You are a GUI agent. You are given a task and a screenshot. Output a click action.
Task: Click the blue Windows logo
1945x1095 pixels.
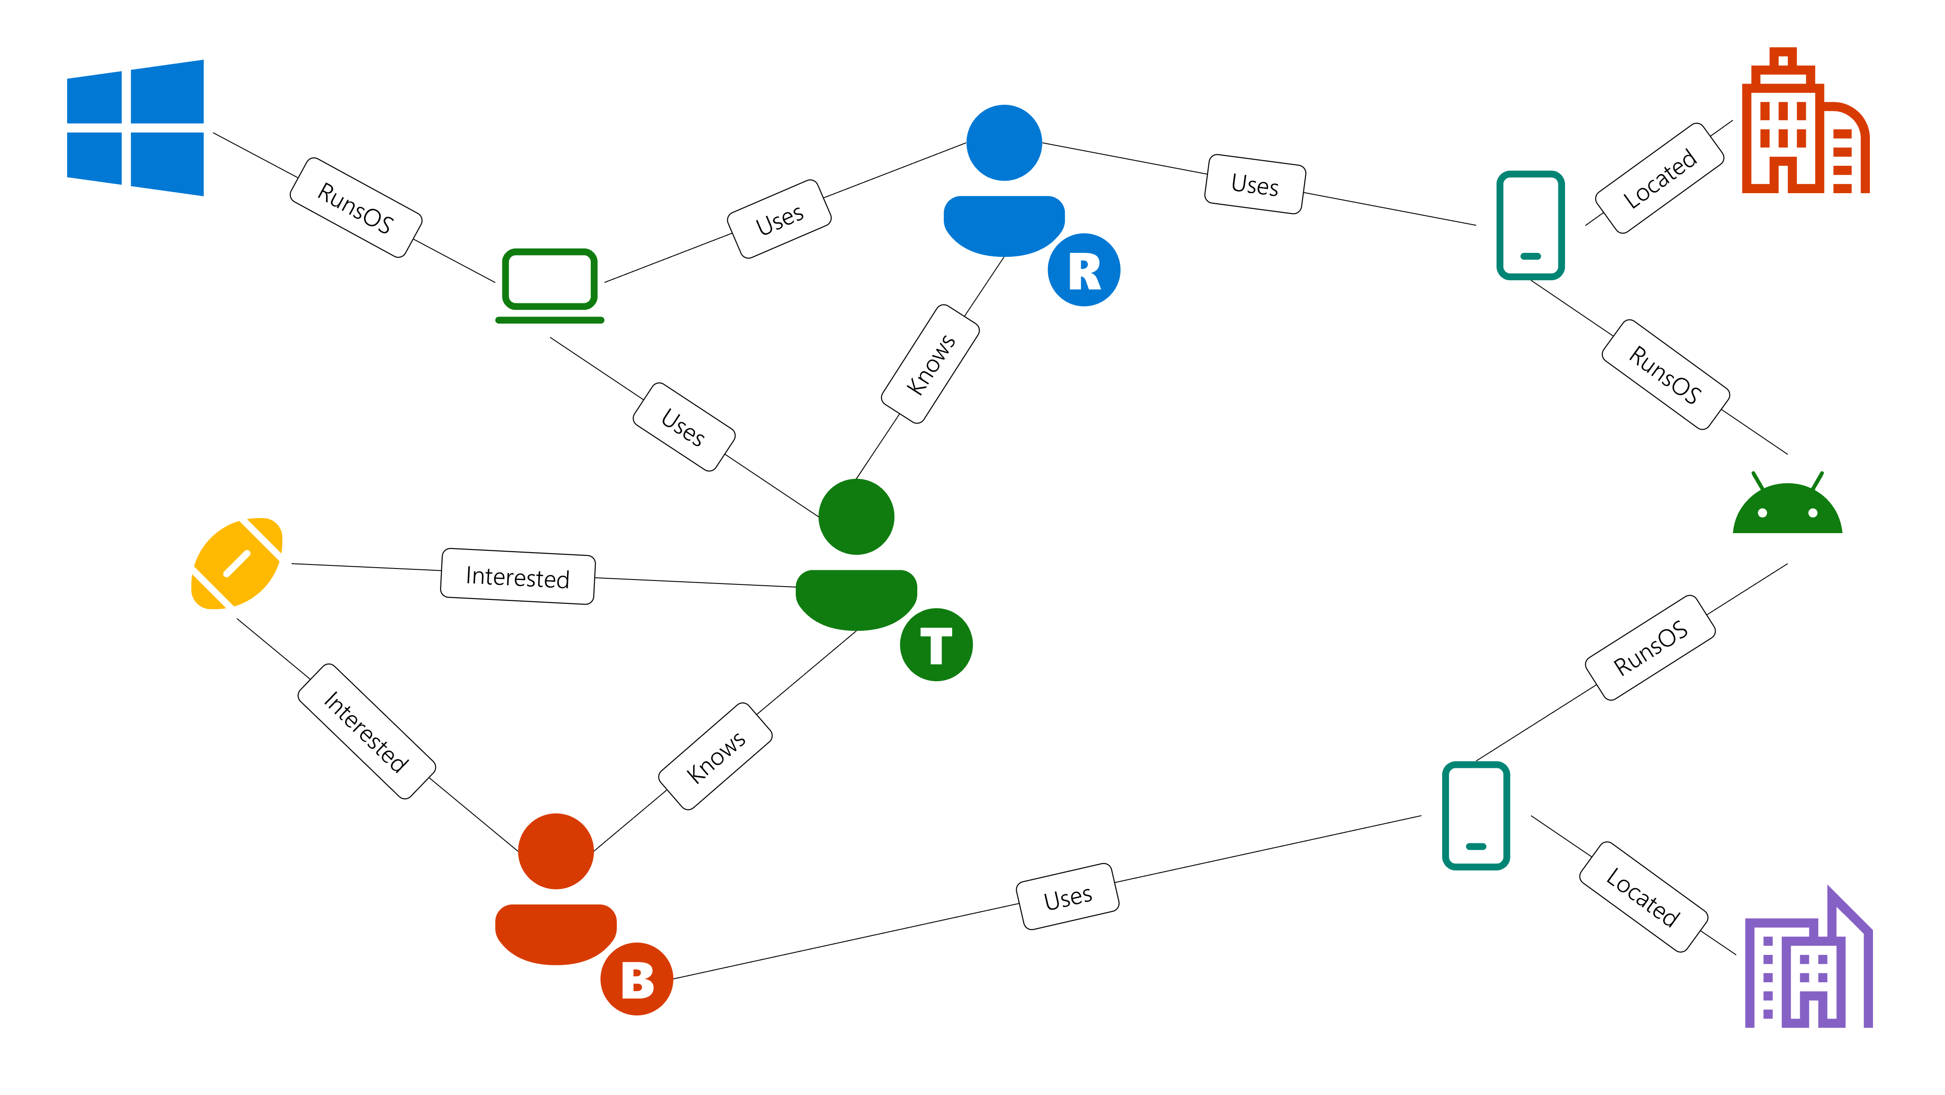135,128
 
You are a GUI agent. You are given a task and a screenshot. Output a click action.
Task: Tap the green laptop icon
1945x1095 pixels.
550,286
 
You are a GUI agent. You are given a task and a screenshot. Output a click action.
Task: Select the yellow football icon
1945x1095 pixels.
237,563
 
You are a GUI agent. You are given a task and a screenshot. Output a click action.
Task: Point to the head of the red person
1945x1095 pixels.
556,851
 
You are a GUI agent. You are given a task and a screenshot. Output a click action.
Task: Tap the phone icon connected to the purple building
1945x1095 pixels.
1475,816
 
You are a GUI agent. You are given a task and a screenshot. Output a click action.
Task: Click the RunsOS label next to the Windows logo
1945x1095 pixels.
356,208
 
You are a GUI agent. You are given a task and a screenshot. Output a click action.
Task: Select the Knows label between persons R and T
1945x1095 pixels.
930,364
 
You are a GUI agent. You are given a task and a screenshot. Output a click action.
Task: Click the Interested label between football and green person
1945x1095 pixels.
517,576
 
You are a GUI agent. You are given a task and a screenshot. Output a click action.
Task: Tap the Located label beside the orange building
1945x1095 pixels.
1659,178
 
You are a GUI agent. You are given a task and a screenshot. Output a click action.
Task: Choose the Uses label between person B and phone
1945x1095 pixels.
1067,897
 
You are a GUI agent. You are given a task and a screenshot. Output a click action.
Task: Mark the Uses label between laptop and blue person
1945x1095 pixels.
779,219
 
